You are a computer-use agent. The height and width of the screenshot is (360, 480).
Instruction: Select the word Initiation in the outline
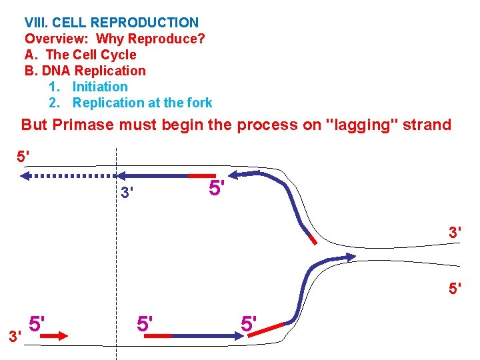[100, 87]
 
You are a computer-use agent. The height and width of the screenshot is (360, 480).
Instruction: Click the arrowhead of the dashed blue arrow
[25, 176]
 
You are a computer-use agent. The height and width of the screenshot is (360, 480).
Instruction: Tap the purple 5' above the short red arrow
[37, 323]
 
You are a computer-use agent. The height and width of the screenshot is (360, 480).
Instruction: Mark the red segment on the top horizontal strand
[202, 175]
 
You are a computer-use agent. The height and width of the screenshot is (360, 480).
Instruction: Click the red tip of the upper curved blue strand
[312, 237]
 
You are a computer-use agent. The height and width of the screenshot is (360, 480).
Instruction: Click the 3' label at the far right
[455, 233]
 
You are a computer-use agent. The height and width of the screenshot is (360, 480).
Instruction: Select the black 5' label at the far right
[455, 289]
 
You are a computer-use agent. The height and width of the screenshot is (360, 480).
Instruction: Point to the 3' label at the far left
[15, 336]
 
